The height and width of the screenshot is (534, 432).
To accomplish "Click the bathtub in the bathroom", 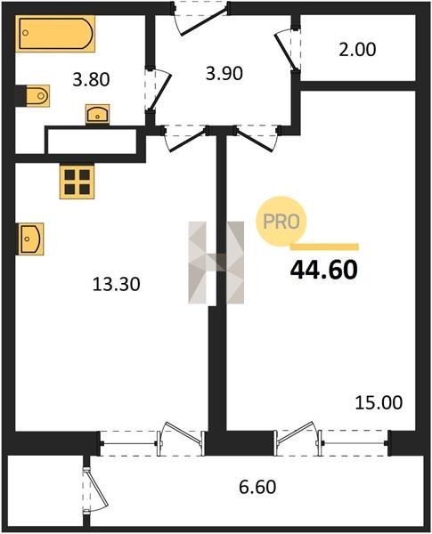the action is point(55,34).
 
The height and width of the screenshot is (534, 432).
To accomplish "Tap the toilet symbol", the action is point(37,96).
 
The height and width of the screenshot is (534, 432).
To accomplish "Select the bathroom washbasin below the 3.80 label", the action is point(97,114).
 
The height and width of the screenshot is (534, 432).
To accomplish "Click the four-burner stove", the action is point(77,182).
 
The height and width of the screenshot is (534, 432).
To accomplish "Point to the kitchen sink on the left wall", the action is point(30,239).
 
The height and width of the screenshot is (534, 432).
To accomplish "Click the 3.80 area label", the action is point(91,80).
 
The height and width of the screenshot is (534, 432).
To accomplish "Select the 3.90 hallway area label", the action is point(224,73).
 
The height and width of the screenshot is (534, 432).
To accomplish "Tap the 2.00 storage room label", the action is point(357,49).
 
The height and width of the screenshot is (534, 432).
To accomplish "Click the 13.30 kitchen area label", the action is point(117,284).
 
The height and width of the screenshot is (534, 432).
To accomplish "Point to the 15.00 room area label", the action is point(379,402).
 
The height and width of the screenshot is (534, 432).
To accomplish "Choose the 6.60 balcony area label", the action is point(257,487).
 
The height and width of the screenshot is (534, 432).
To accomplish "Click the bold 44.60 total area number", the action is point(324,270).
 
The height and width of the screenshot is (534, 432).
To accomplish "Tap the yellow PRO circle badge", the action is point(281,222).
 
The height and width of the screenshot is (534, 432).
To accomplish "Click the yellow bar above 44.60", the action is point(324,247).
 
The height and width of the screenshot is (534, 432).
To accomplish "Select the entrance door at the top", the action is point(200,18).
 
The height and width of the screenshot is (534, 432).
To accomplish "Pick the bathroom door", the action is point(158,90).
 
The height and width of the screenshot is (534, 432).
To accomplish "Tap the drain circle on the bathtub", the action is point(26,33).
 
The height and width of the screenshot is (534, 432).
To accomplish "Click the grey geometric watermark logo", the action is point(216,263).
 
